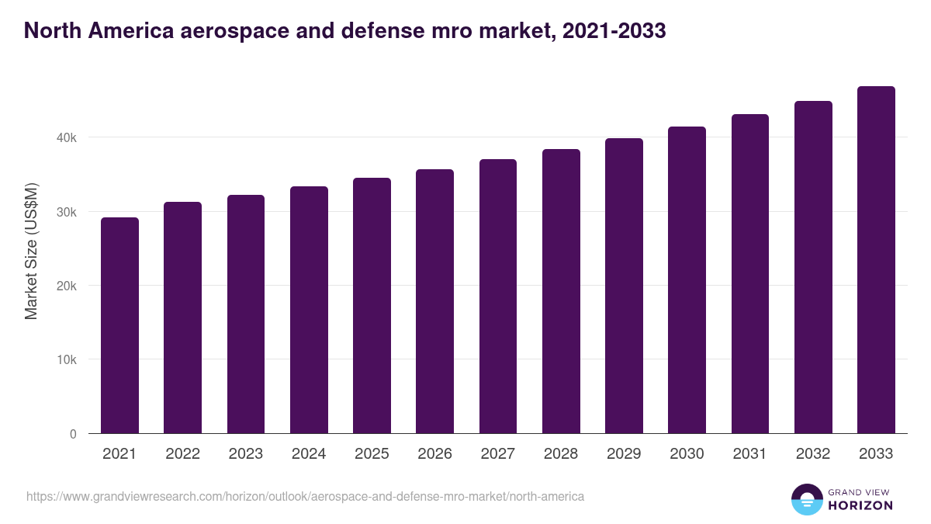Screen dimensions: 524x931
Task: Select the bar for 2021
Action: tap(119, 326)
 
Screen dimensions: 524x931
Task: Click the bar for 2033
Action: tap(876, 260)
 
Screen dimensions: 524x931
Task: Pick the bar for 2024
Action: tap(309, 311)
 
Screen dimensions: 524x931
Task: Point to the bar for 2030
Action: tap(687, 280)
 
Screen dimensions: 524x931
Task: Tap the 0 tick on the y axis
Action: tap(73, 434)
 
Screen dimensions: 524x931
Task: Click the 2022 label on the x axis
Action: tap(182, 454)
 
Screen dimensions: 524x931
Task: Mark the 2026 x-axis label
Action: tap(434, 454)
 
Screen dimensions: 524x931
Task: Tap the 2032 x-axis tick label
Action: tap(813, 454)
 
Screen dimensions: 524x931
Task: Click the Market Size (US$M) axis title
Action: tap(31, 252)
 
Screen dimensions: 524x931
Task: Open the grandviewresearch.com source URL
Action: tap(305, 495)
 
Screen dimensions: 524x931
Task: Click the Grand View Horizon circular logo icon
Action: tap(806, 499)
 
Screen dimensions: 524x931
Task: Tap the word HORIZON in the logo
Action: tap(860, 505)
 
